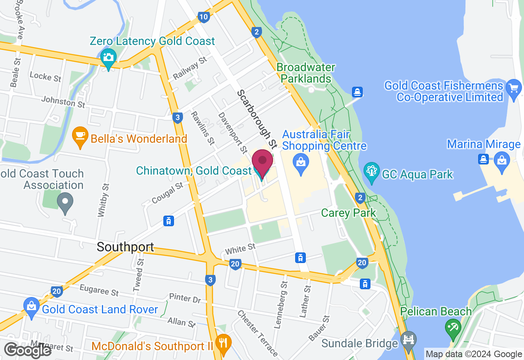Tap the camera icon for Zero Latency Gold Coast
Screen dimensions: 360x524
pyautogui.click(x=108, y=58)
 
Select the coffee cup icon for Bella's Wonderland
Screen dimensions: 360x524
pyautogui.click(x=80, y=135)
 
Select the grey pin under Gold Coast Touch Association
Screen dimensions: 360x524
pyautogui.click(x=65, y=202)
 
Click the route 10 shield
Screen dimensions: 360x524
pyautogui.click(x=204, y=17)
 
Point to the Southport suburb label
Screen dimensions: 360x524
pyautogui.click(x=126, y=247)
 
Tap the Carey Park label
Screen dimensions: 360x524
pyautogui.click(x=348, y=213)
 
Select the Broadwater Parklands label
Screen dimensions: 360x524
pyautogui.click(x=306, y=73)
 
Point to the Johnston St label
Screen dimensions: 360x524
pyautogui.click(x=63, y=102)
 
